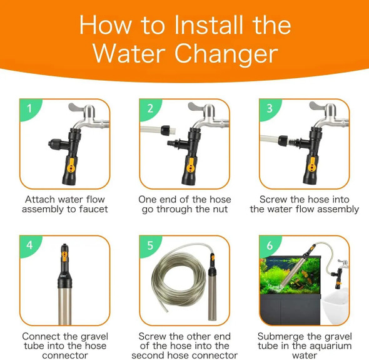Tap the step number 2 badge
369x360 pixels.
[x=149, y=108]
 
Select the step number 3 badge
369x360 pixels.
[x=270, y=108]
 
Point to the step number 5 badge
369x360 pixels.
[x=149, y=245]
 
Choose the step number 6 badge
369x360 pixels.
[x=270, y=245]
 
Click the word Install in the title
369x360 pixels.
[x=208, y=25]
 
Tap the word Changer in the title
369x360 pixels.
[x=226, y=54]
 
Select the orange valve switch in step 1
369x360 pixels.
[x=71, y=165]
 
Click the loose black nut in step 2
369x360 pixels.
[x=165, y=130]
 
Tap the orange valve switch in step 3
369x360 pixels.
[x=312, y=165]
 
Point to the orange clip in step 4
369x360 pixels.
[x=64, y=257]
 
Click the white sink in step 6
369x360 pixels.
[x=336, y=306]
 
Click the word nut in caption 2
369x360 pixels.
[x=220, y=209]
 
